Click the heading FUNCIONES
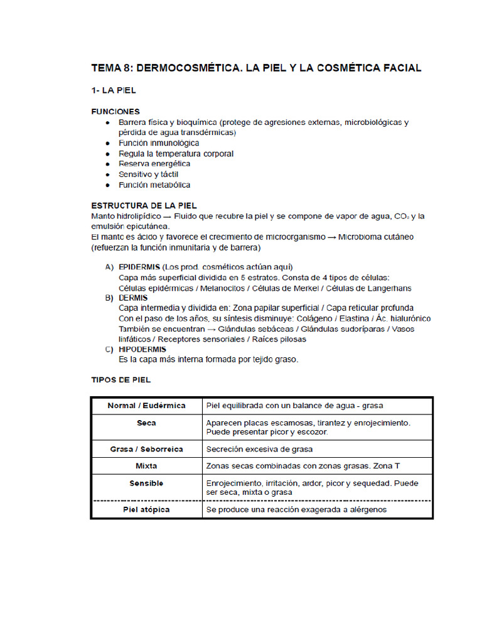coord(115,111)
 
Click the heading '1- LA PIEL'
coord(114,90)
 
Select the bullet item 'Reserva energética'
coord(154,164)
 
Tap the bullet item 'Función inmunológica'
coord(159,143)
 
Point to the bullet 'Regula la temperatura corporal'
coord(176,154)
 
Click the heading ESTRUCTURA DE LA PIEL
coord(144,205)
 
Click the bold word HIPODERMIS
coord(142,349)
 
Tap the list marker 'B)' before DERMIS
coord(109,298)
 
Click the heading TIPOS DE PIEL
coord(121,380)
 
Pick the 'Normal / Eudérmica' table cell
coord(146,406)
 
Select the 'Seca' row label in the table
coord(146,423)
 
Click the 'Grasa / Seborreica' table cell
coord(146,449)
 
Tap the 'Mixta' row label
coord(146,466)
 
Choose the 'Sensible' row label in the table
coord(146,483)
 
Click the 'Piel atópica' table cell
coord(146,509)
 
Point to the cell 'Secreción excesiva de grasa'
coord(259,449)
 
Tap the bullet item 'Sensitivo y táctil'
coord(151,175)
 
